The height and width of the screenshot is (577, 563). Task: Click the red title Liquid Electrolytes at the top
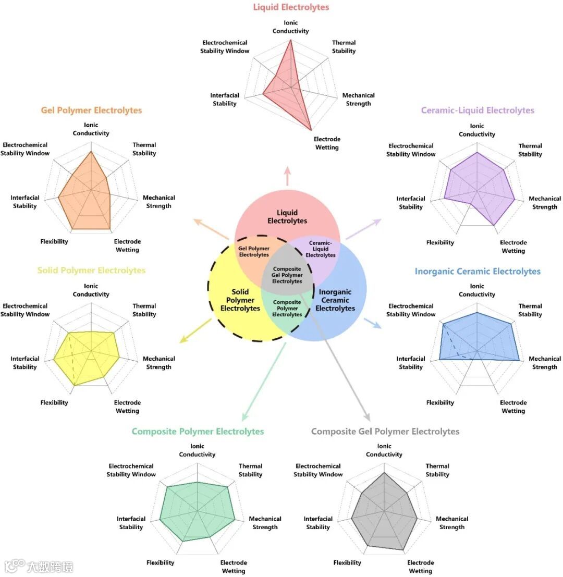291,7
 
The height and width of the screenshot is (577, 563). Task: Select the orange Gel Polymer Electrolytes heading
91,111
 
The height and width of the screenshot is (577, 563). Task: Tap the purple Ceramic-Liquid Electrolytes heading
477,111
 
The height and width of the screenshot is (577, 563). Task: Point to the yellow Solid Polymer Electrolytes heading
91,271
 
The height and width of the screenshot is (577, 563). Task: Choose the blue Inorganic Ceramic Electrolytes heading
477,272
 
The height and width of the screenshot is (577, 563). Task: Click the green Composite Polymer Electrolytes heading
198,432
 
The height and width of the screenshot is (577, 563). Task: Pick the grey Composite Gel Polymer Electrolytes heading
385,432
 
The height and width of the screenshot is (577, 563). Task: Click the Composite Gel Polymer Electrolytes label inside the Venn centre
287,275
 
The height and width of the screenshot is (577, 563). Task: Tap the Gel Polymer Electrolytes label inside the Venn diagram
254,252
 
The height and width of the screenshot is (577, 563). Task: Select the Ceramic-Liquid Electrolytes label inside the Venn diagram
320,249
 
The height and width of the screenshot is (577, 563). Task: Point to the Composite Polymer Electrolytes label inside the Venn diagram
287,308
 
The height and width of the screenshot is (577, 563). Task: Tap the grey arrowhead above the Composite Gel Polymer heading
366,417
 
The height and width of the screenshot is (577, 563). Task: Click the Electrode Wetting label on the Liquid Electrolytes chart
327,143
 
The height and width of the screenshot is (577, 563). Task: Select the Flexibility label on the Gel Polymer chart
54,242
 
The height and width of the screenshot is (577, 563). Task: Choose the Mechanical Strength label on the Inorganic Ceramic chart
545,363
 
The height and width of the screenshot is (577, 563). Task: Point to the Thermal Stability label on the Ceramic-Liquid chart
530,150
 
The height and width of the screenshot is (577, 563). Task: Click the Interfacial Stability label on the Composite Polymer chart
131,523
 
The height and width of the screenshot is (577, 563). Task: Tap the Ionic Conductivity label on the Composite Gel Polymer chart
384,450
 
